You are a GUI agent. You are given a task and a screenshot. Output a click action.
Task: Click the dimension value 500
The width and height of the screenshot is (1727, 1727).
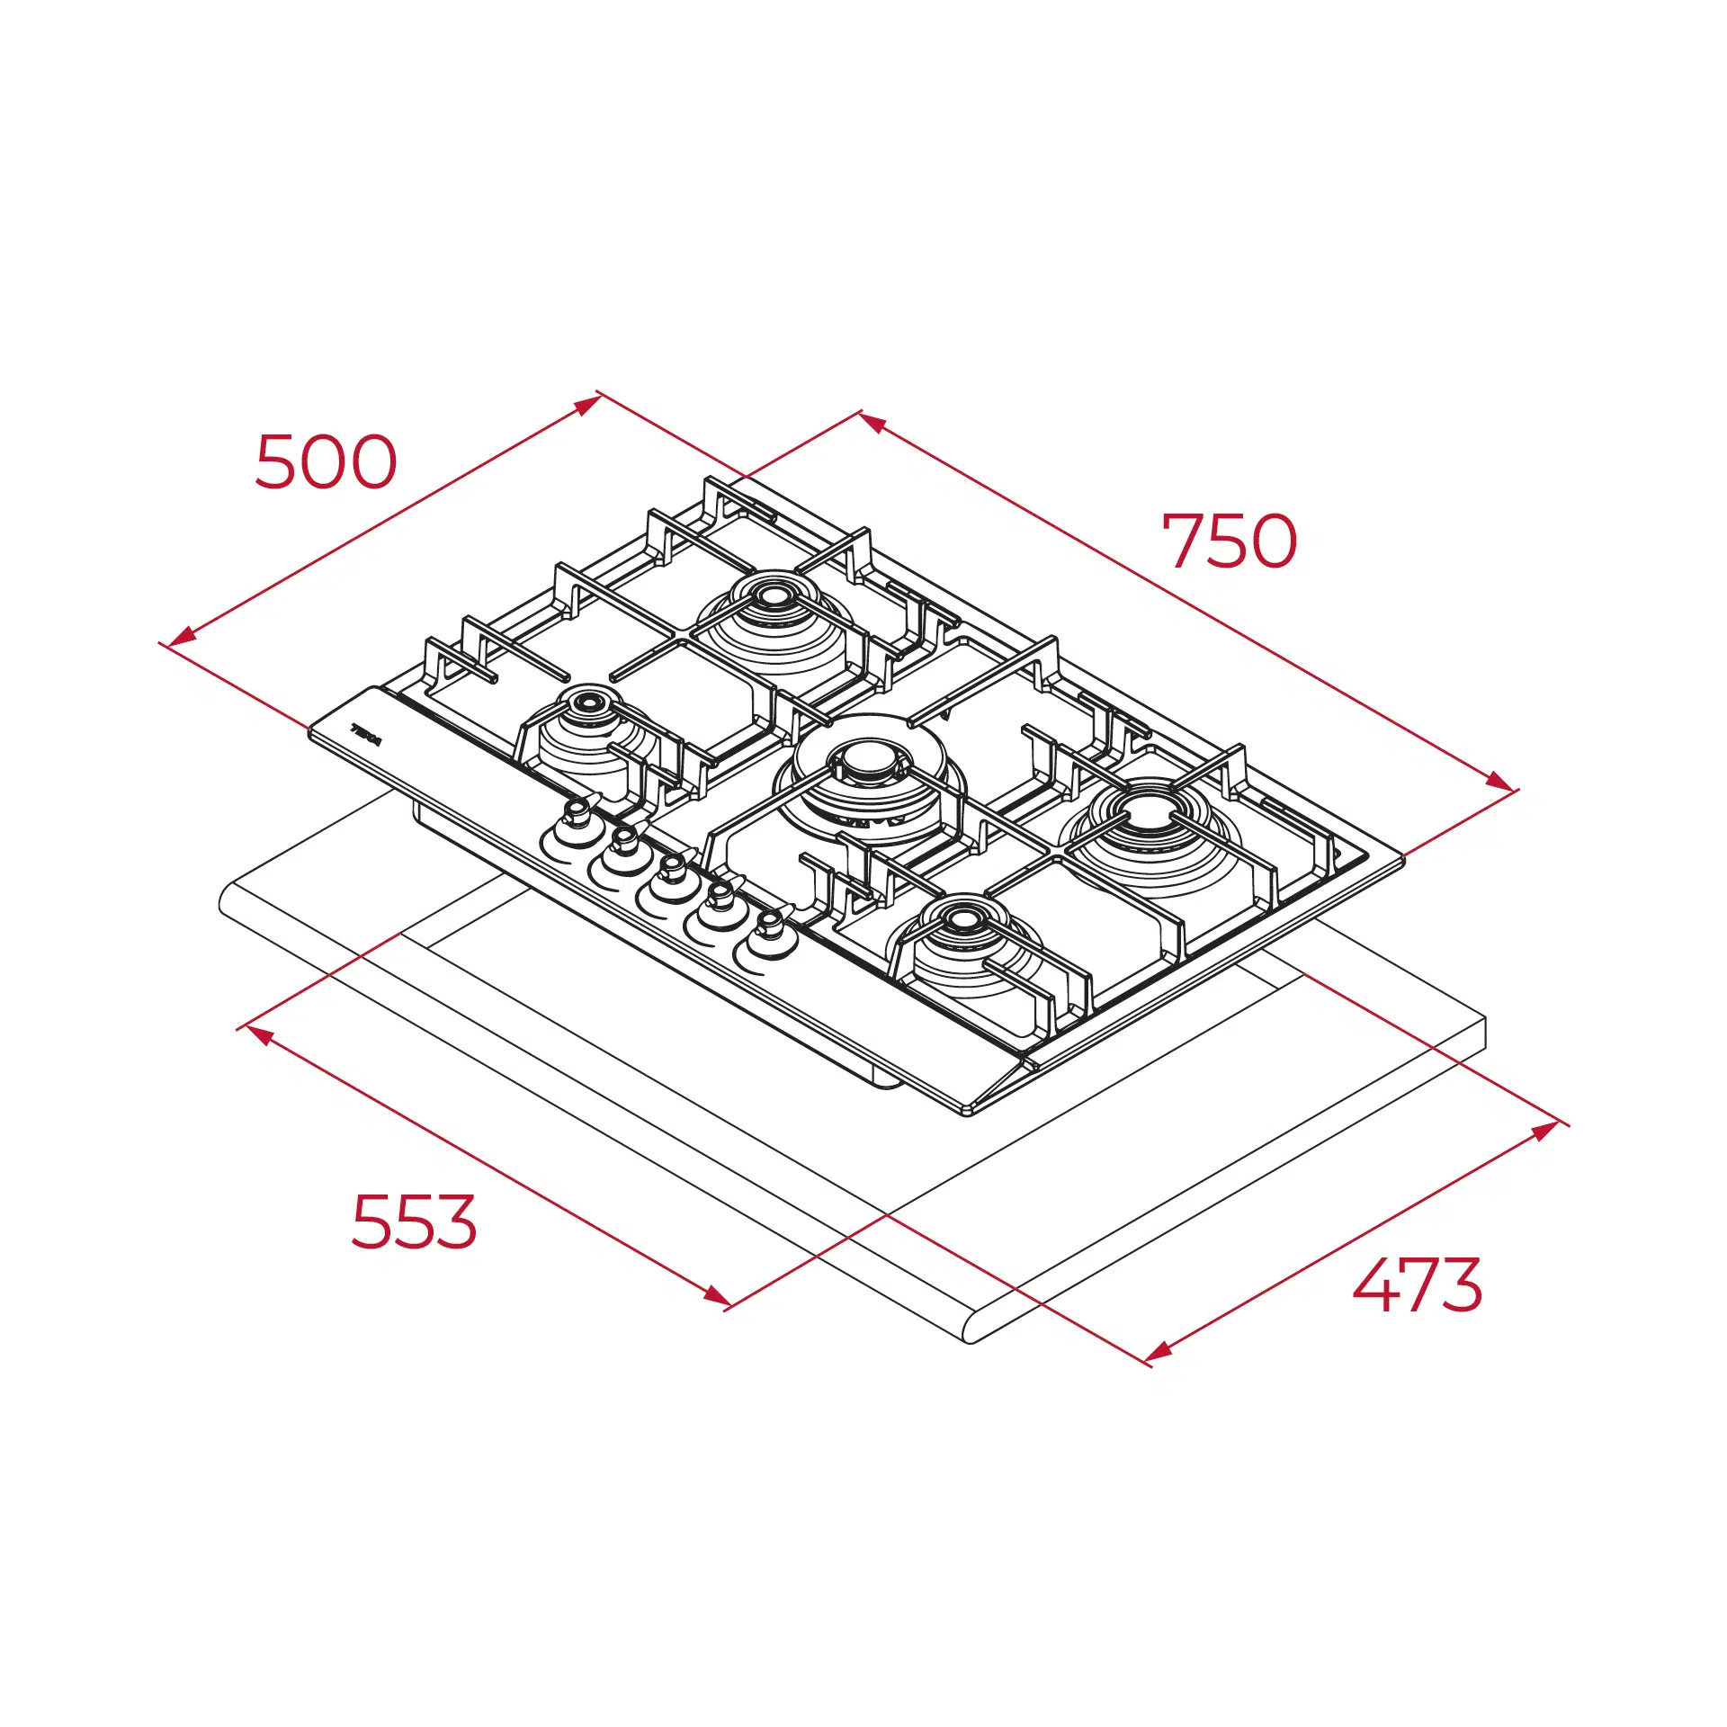326,461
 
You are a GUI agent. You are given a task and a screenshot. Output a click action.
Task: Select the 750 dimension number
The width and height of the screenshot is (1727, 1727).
1230,541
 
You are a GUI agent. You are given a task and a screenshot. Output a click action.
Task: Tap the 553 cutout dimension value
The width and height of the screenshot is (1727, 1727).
414,1221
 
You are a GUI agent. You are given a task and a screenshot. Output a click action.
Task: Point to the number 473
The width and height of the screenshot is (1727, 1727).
1418,1284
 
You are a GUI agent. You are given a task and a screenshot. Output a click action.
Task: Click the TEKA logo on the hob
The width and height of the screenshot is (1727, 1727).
366,735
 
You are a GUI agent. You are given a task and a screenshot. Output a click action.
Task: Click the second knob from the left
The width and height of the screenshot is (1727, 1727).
623,844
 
